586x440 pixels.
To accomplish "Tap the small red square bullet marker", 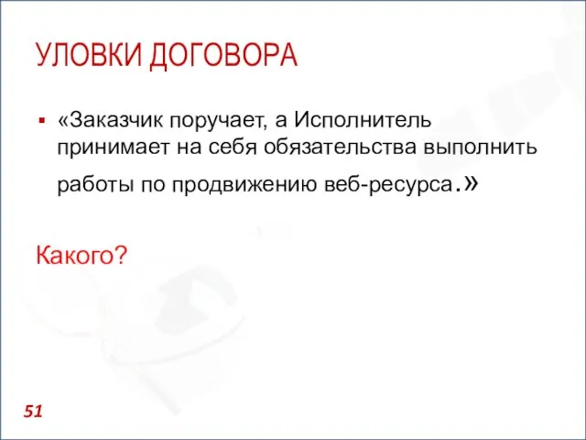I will click(x=41, y=120).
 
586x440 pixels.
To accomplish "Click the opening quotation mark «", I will click(x=62, y=120).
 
